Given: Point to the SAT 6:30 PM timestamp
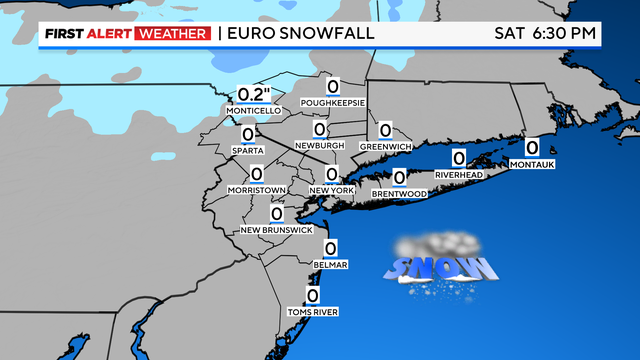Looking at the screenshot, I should (x=546, y=33).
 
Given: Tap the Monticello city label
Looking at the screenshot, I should (x=255, y=110).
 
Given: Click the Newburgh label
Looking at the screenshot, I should (x=320, y=146).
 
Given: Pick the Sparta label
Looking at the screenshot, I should (x=247, y=151).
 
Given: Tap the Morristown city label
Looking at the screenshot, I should (x=257, y=190).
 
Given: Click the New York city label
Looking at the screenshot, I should (x=332, y=190).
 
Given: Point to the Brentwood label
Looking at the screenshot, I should (x=399, y=193).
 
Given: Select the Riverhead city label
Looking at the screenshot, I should (x=458, y=174).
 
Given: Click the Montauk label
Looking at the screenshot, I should (x=531, y=164).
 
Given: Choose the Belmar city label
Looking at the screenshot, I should (x=330, y=265).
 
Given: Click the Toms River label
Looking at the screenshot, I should (x=312, y=312).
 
